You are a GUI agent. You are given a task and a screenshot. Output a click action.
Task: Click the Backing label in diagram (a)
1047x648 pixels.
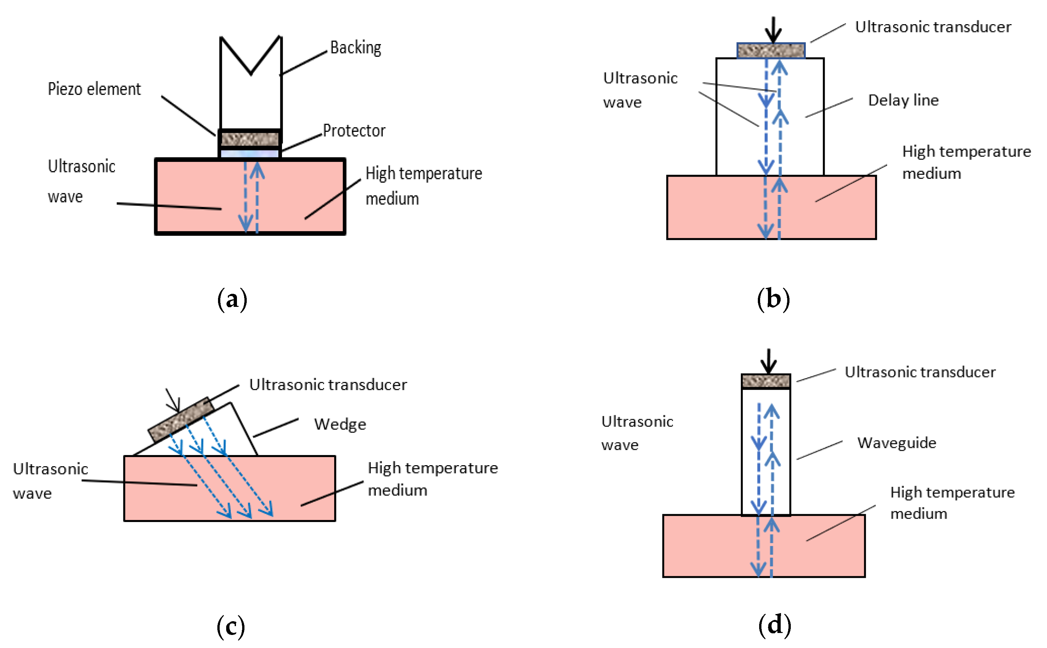coord(355,48)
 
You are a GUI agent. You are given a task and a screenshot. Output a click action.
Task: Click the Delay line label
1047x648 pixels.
coord(903,100)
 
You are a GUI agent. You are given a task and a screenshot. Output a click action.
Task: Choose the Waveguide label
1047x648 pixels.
coord(897,443)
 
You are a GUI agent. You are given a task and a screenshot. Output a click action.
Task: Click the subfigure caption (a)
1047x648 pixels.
coord(232,299)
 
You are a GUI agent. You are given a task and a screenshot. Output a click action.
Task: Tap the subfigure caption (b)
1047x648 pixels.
coord(773,299)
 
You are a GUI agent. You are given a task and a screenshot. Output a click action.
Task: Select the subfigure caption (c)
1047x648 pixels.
coord(231,626)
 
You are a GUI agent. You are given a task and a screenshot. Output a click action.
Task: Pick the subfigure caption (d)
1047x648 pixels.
coord(774,624)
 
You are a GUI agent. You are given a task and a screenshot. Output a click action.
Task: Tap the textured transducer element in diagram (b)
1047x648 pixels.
coord(771,51)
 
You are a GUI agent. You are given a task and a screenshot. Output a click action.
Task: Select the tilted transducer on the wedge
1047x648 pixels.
coord(181,419)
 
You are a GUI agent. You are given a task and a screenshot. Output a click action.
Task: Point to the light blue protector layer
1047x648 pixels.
coord(250,153)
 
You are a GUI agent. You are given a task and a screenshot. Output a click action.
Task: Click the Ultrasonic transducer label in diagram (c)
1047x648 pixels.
coord(328,385)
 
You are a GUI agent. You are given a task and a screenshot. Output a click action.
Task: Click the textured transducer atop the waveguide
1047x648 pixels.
coord(766,381)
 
